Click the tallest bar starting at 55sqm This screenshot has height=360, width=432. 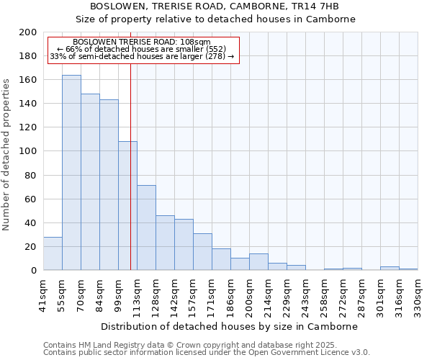click(71, 173)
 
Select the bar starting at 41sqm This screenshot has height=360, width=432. click(53, 253)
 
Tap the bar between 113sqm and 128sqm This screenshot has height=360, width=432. click(146, 228)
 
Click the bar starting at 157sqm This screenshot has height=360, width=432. click(202, 252)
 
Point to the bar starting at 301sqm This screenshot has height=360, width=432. click(390, 269)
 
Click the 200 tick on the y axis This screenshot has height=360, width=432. click(28, 32)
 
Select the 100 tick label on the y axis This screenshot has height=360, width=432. click(28, 151)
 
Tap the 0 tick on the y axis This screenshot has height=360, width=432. click(34, 271)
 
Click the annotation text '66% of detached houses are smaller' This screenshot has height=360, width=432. click(141, 49)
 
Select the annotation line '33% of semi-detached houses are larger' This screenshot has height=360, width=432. click(141, 56)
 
